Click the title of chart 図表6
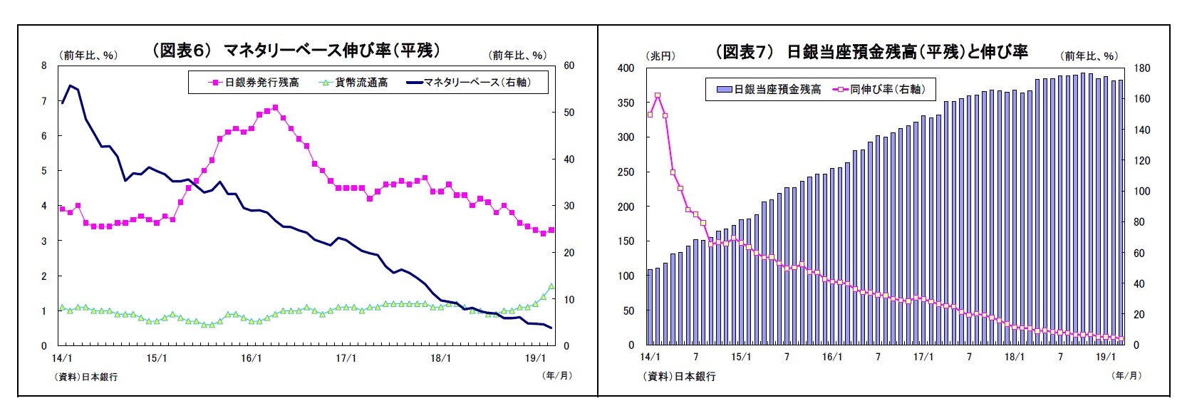click(x=296, y=50)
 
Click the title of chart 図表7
click(x=871, y=51)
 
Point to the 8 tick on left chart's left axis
click(x=44, y=66)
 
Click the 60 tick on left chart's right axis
click(x=569, y=66)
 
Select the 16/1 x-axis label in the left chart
click(x=252, y=358)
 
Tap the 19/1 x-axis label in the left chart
click(x=535, y=358)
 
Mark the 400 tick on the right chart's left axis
click(x=626, y=68)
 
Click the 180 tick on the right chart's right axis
click(x=1141, y=68)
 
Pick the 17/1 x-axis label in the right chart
click(x=923, y=357)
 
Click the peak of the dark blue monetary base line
click(x=70, y=85)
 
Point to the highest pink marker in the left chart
click(x=275, y=108)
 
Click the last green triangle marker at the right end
click(x=551, y=286)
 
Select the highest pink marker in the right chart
click(x=657, y=95)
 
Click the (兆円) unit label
click(x=660, y=56)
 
